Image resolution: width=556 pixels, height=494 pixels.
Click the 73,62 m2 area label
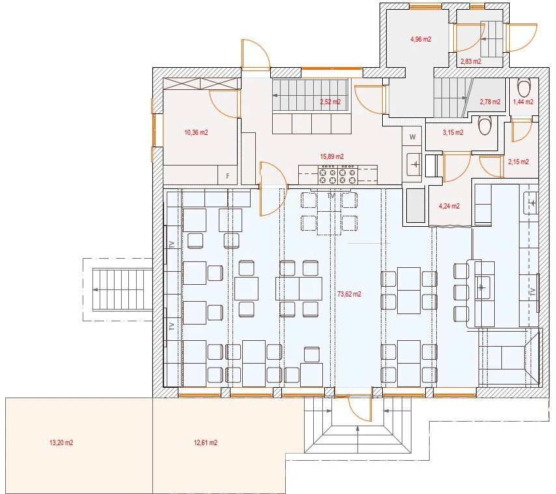(350, 294)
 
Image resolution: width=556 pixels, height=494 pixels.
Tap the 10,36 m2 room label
(196, 132)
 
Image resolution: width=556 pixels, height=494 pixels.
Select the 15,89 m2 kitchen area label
(331, 156)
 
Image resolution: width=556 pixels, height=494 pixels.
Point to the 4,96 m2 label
(421, 39)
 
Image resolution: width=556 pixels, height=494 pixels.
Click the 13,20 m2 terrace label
(61, 443)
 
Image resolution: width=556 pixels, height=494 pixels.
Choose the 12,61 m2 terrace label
(205, 443)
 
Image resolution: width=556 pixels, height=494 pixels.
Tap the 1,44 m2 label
(523, 102)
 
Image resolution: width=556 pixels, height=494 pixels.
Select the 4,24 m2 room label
(449, 206)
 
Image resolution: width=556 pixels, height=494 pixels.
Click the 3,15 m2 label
(453, 132)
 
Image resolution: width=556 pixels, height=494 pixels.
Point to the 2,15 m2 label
(518, 162)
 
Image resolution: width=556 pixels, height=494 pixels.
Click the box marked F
(228, 175)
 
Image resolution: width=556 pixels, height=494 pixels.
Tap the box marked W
(412, 137)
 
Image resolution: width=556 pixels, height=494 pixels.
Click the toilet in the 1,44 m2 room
(524, 87)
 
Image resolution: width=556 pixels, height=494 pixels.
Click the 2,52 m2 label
(331, 102)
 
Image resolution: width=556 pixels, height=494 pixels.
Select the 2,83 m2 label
(471, 61)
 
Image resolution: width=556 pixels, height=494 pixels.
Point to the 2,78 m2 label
(490, 102)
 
